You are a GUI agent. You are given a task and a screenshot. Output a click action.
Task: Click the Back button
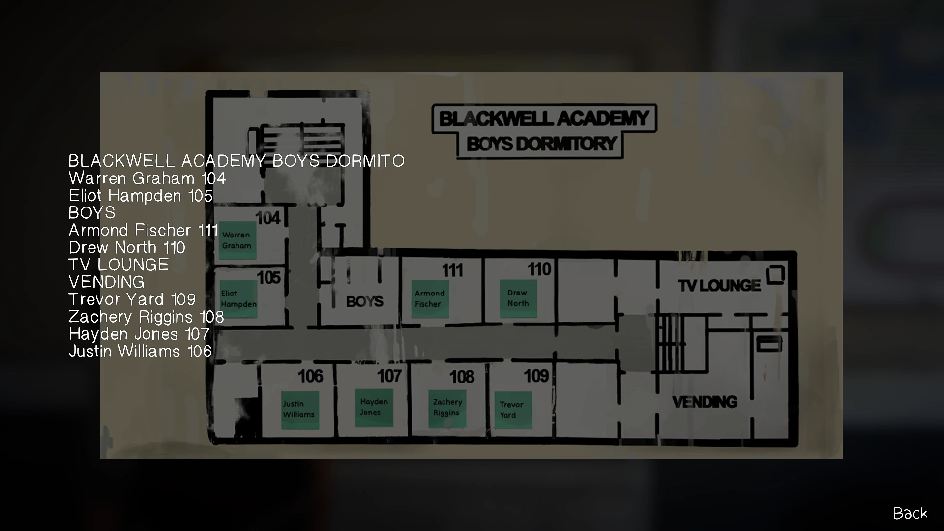(x=910, y=513)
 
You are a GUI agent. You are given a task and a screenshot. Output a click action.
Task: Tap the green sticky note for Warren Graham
(x=238, y=240)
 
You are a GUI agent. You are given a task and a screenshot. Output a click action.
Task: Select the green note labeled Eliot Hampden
(x=238, y=298)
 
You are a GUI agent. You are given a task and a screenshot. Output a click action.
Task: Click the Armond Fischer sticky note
(x=430, y=298)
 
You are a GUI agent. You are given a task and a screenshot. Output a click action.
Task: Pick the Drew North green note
(x=518, y=298)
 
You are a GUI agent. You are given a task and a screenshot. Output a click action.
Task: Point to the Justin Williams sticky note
(x=299, y=409)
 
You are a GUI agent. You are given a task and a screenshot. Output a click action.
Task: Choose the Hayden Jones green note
(x=374, y=407)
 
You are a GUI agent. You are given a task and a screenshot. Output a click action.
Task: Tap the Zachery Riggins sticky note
(x=447, y=408)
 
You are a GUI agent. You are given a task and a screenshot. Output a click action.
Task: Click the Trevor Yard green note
(x=513, y=410)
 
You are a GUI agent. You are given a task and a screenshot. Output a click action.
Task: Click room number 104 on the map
(x=268, y=218)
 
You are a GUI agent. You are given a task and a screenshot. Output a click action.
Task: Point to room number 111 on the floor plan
(x=452, y=270)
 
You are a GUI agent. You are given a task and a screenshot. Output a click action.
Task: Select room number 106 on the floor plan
(x=311, y=377)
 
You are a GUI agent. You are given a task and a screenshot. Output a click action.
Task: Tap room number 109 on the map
(x=535, y=376)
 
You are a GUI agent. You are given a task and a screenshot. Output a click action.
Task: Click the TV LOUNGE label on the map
(x=719, y=286)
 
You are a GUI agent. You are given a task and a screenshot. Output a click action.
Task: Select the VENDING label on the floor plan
(x=705, y=402)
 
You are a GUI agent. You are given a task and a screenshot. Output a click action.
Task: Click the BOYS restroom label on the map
(x=364, y=301)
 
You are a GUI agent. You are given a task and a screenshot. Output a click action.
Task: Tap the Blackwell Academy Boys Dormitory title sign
(x=544, y=131)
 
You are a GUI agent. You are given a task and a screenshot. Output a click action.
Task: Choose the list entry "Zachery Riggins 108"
(x=146, y=317)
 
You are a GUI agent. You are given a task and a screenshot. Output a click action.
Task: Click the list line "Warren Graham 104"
(x=147, y=178)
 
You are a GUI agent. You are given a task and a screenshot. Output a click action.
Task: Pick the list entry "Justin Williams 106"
(x=140, y=351)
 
